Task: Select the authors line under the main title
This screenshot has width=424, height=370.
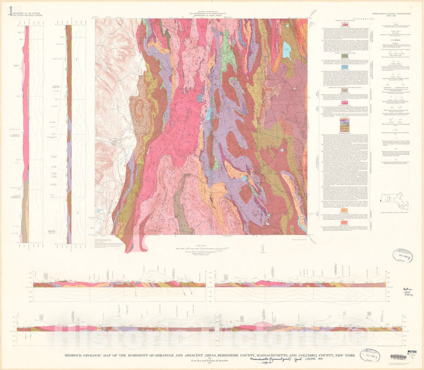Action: (x=212, y=360)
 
